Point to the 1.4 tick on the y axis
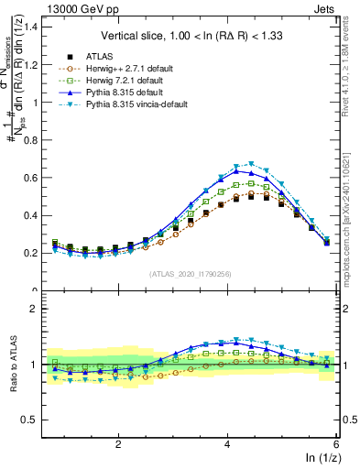pyautogui.click(x=33, y=27)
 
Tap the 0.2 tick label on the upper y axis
pyautogui.click(x=33, y=253)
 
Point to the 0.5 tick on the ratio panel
pyautogui.click(x=33, y=420)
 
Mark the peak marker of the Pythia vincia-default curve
pyautogui.click(x=251, y=164)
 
